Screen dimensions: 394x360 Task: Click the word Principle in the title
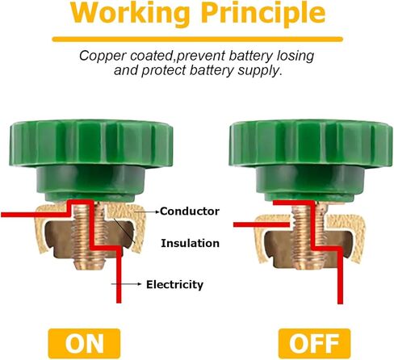263,13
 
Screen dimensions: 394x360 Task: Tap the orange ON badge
84,343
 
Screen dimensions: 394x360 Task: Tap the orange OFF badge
314,343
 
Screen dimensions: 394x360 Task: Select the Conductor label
190,211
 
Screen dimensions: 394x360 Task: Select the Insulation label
190,243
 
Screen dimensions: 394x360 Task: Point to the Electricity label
174,285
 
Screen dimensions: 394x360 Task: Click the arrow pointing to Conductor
147,212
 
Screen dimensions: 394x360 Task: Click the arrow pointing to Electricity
127,284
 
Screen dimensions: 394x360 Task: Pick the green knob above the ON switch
91,160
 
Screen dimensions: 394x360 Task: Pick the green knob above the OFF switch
311,160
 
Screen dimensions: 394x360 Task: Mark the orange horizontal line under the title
197,40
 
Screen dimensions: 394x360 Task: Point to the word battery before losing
251,57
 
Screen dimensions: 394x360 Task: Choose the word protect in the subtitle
164,71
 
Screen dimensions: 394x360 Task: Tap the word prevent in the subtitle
201,57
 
